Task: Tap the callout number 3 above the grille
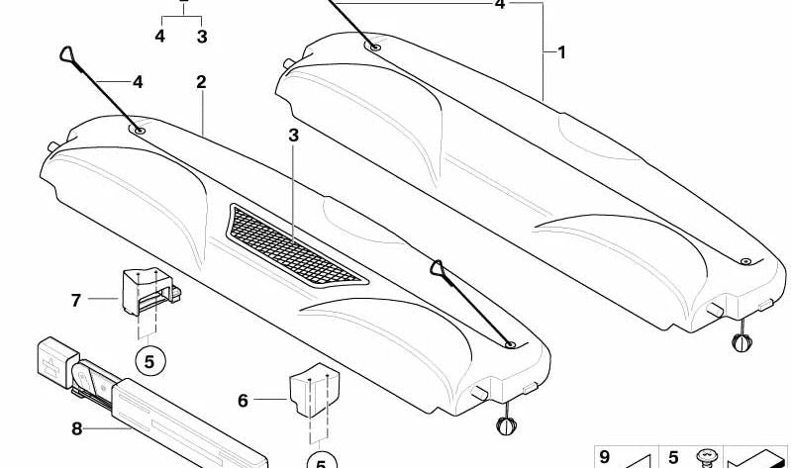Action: [x=293, y=136]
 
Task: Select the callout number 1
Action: [x=562, y=52]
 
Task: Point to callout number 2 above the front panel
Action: [x=201, y=82]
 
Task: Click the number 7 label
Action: [x=75, y=301]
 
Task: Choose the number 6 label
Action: [x=244, y=401]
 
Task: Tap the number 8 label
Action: [x=76, y=429]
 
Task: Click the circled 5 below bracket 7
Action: [x=149, y=361]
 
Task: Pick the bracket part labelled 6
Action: [x=313, y=389]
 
